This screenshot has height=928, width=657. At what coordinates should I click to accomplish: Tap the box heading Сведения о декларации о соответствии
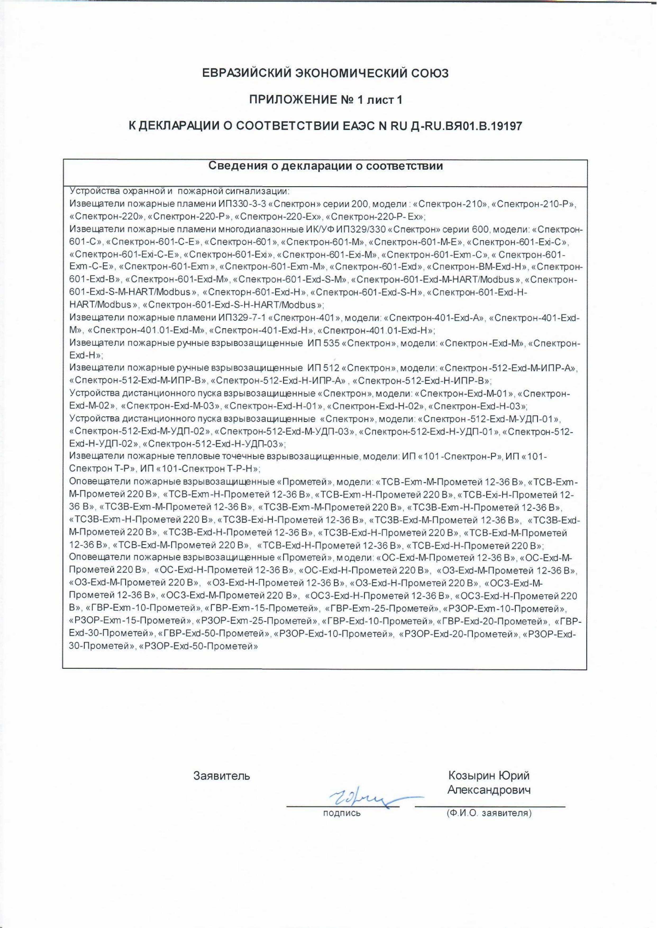[x=325, y=166]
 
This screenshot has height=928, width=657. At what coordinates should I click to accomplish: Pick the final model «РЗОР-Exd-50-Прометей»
[x=198, y=646]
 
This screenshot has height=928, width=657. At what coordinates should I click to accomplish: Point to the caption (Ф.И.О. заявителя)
[x=489, y=812]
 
